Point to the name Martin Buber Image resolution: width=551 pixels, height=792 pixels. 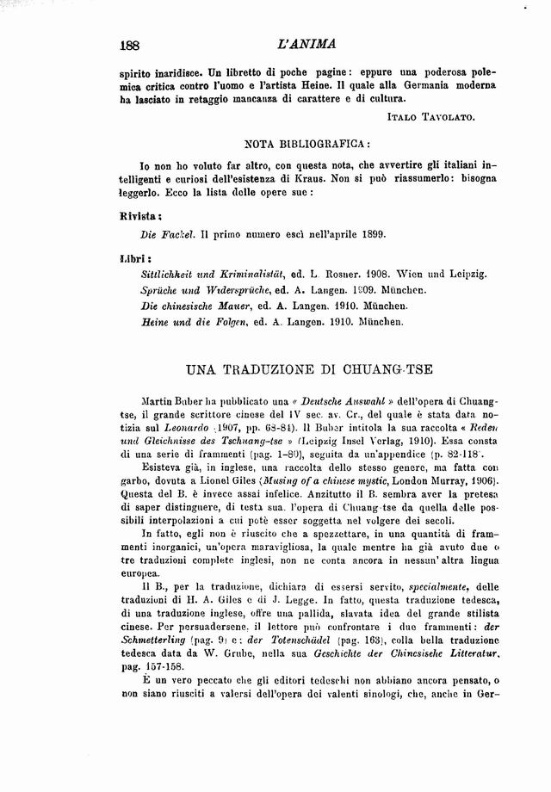(x=177, y=402)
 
